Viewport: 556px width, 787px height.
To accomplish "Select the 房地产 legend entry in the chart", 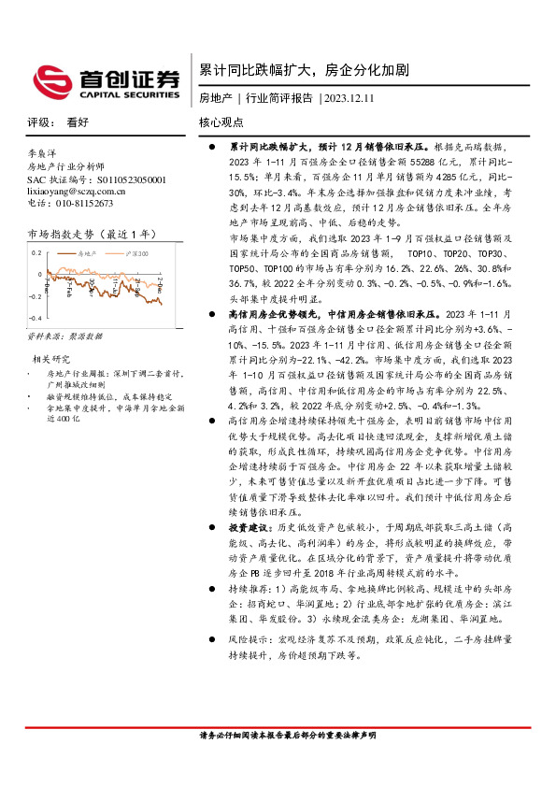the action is (x=84, y=254).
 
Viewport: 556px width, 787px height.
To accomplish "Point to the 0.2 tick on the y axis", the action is (x=37, y=253).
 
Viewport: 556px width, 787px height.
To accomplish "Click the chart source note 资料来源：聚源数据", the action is (x=66, y=336).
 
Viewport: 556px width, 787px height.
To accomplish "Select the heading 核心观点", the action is (x=221, y=122).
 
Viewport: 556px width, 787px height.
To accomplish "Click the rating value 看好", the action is (x=77, y=122).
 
